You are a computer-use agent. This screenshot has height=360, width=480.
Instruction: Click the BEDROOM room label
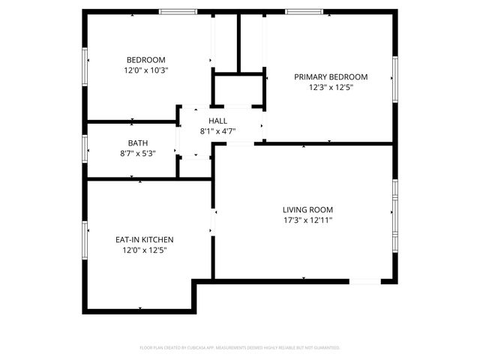point(145,60)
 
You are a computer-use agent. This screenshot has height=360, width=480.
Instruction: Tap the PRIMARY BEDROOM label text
point(331,76)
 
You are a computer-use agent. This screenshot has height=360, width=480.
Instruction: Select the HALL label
point(218,121)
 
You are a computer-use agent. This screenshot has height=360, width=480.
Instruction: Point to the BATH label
point(138,142)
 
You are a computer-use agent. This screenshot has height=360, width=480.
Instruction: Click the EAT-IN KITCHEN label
point(145,239)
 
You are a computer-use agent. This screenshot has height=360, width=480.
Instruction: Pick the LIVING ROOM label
point(307,210)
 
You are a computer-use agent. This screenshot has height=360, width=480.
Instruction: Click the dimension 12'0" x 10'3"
point(145,70)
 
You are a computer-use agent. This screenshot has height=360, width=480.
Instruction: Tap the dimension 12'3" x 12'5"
point(331,87)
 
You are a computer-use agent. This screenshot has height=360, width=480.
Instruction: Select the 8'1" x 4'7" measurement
point(218,131)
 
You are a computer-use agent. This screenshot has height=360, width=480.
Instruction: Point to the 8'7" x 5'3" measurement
point(138,153)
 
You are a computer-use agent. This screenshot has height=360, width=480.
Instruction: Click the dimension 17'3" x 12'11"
point(307,220)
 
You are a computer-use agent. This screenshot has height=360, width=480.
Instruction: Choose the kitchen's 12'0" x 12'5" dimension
point(145,250)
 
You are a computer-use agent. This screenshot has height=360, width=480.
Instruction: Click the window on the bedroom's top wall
point(178,11)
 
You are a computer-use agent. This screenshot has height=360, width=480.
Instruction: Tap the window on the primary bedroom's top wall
point(304,11)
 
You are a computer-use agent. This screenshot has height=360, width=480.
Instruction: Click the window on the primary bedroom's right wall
point(394,78)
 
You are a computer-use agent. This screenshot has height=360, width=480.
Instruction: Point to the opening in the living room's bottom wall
point(365,281)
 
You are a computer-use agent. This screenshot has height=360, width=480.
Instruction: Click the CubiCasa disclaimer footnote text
point(240,348)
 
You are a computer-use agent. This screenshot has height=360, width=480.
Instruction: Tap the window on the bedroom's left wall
point(85,66)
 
